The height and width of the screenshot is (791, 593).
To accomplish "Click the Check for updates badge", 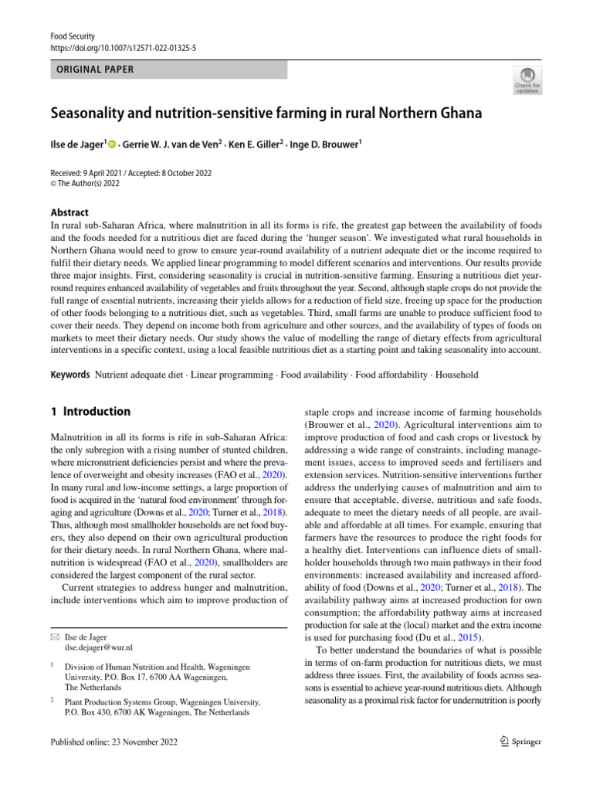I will tap(527, 80).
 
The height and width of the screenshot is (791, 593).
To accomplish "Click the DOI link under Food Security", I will tap(123, 47).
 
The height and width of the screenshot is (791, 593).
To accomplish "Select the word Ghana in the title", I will tap(456, 114).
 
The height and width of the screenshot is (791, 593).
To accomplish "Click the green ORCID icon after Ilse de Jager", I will tap(112, 144).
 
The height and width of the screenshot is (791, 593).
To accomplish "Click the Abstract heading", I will tap(69, 212).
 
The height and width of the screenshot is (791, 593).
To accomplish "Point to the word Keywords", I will tap(69, 375).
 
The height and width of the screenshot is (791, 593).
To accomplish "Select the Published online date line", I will tap(114, 742).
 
